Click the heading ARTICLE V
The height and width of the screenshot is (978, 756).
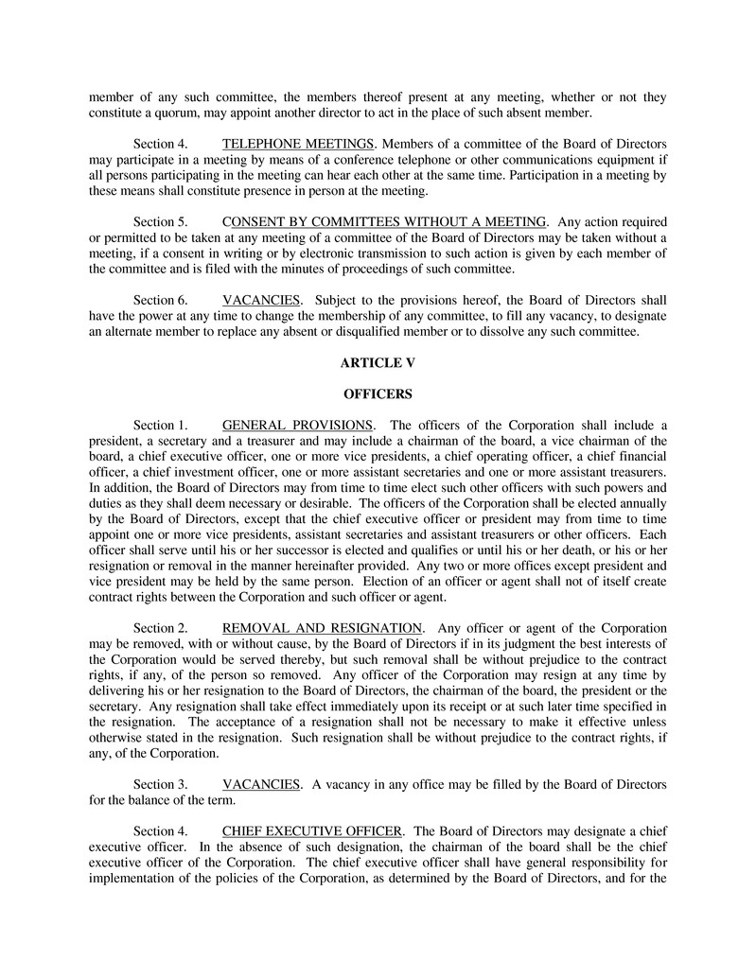pos(378,362)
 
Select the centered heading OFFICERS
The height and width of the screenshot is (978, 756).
pos(378,393)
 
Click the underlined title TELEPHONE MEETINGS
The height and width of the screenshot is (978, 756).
pos(297,144)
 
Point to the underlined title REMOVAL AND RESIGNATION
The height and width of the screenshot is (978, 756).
pos(322,628)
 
